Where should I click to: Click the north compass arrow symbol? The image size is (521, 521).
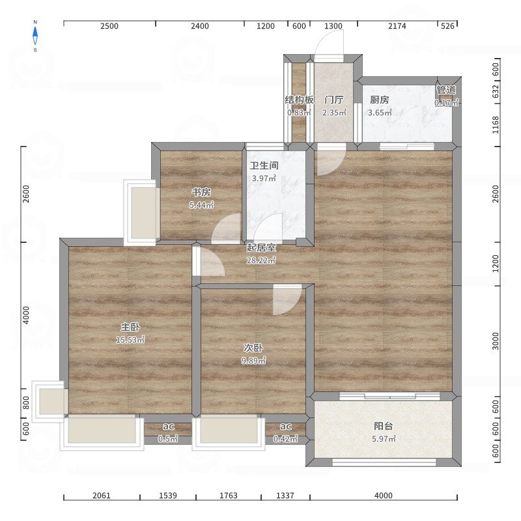[35, 36]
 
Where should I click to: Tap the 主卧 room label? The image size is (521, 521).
[130, 327]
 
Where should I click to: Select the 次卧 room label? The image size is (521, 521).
[253, 348]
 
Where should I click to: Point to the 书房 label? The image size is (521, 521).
[201, 192]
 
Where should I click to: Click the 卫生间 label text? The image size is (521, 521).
[264, 165]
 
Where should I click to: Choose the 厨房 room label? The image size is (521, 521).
[380, 100]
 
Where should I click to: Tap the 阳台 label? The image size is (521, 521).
[384, 426]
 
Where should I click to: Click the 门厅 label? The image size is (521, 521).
[334, 100]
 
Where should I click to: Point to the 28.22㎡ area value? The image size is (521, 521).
[261, 260]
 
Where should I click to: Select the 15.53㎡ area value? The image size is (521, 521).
[130, 339]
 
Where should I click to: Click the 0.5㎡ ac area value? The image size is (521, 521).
[168, 439]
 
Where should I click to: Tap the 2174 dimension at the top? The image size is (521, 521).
[397, 26]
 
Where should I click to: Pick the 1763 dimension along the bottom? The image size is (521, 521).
[229, 496]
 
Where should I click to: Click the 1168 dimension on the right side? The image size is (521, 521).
[496, 125]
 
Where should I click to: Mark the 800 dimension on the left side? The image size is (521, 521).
[26, 403]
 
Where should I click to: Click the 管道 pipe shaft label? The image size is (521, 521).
[446, 90]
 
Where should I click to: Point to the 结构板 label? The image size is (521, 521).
[299, 100]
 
